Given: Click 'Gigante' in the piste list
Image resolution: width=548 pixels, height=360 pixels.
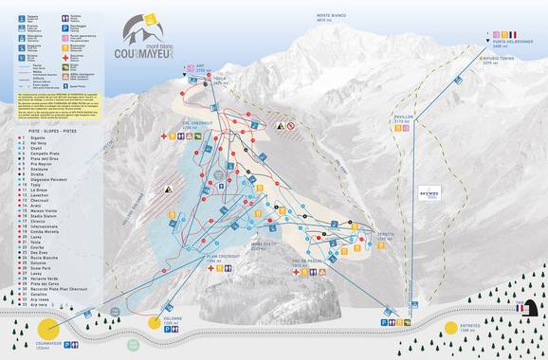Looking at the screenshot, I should tap(39, 138).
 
